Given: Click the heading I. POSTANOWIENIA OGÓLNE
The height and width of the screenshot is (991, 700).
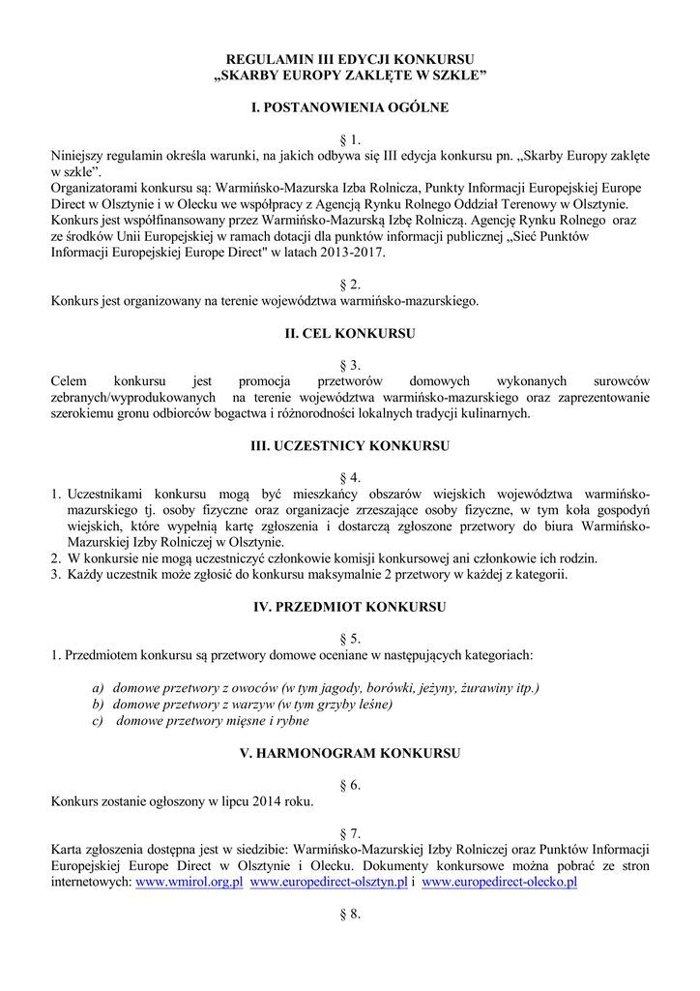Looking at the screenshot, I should (350, 107).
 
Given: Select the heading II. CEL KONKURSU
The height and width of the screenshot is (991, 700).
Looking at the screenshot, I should (350, 333).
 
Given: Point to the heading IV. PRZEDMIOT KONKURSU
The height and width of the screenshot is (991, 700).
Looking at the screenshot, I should (350, 607).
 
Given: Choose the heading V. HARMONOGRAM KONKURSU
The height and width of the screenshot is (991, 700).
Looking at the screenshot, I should (350, 752).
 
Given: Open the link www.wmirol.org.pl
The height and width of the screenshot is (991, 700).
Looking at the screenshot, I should (190, 883).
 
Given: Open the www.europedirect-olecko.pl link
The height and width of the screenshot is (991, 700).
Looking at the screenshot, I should (500, 883).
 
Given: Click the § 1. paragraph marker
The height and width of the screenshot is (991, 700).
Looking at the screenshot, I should (350, 139).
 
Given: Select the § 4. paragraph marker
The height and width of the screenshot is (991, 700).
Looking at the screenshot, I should (350, 478).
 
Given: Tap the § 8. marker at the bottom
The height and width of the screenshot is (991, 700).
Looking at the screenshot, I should (350, 915).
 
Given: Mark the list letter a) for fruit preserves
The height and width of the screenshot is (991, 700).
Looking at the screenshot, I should (98, 687).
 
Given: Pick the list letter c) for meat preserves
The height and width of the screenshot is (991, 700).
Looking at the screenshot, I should (98, 720).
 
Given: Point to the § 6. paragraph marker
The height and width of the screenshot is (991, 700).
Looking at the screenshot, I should (350, 785).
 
